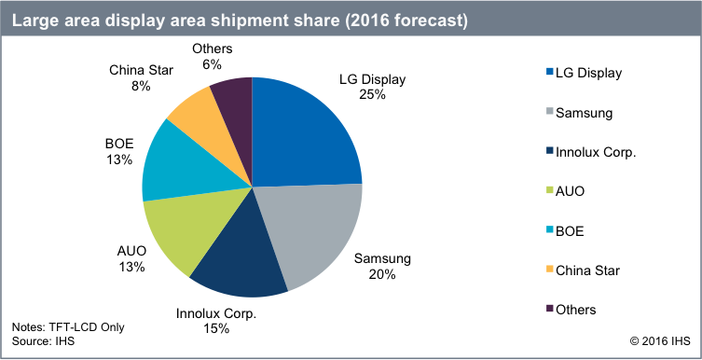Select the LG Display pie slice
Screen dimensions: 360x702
303,131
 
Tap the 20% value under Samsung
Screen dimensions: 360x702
382,274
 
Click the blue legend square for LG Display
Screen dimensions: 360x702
546,72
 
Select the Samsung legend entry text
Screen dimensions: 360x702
583,112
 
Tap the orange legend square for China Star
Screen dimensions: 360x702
546,270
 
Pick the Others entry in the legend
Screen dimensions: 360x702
576,309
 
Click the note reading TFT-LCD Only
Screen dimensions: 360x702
67,327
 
